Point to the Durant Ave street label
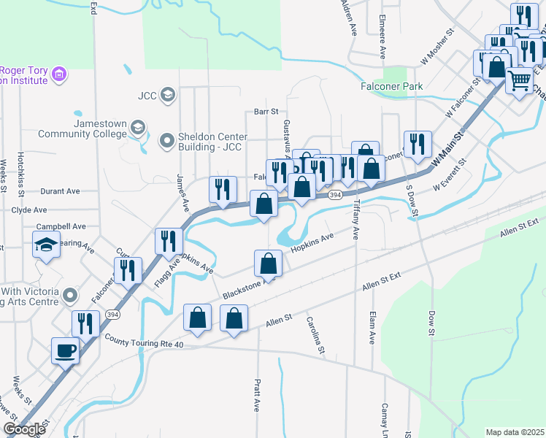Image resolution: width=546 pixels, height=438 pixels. (61, 191)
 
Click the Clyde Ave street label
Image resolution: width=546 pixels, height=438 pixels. (29, 210)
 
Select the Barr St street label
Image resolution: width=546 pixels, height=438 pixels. (266, 112)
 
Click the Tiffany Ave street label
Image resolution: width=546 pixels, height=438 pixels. (357, 220)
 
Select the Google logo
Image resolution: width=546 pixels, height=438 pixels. (24, 429)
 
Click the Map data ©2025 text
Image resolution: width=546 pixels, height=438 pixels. (515, 432)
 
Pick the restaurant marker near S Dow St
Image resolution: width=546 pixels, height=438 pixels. (417, 144)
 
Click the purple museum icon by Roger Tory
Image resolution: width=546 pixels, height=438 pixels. (59, 74)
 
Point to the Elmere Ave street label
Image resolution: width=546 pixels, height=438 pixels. (382, 36)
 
